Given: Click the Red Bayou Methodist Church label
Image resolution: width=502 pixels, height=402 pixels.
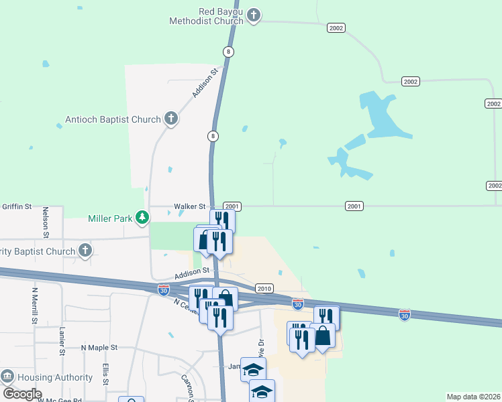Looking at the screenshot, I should tap(220, 16).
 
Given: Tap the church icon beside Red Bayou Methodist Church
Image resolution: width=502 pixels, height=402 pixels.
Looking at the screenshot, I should tap(254, 15).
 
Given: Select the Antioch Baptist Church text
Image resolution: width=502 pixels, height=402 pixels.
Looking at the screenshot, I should tap(113, 119).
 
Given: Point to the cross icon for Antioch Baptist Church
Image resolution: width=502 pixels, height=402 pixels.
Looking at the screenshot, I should tap(170, 119).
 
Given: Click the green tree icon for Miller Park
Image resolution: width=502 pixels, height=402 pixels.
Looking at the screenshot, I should tap(142, 217).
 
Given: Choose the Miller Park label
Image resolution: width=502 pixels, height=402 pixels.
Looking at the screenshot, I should tap(109, 218).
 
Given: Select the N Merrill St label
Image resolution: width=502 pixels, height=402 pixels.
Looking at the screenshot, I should tap(34, 306).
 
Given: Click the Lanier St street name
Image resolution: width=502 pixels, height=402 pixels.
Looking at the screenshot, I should tap(61, 341).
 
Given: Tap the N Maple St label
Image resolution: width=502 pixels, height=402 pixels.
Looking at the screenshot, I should tap(99, 348).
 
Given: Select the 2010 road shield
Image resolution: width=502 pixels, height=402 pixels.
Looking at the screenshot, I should tap(264, 288).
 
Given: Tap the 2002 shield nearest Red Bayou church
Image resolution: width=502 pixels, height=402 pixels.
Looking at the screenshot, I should tap(336, 27).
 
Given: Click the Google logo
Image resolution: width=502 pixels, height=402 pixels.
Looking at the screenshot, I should tap(21, 393).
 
